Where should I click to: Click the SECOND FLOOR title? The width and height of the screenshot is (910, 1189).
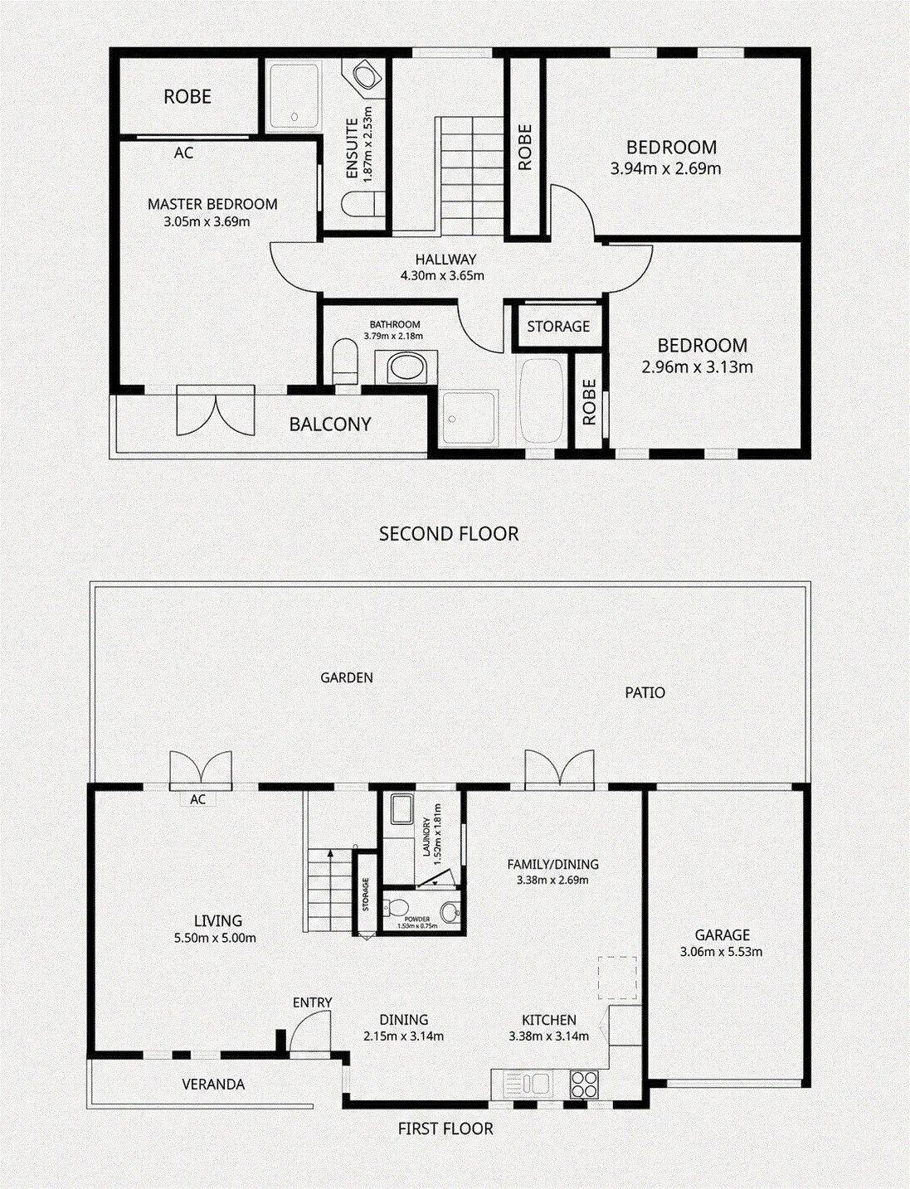pos(449,534)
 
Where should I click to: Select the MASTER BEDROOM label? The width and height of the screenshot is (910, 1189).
pos(212,204)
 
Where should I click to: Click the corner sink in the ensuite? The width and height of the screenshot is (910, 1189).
pos(367,77)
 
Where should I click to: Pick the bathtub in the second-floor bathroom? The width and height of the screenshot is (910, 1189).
pos(540,402)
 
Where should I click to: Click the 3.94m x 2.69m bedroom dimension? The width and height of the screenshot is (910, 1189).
pos(665,168)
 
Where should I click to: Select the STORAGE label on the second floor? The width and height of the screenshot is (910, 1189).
pos(558,326)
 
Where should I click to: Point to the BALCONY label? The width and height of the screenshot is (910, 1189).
pos(330,425)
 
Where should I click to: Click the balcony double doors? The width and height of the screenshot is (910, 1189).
pos(216,410)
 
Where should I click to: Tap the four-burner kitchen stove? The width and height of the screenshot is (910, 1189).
pos(584,1082)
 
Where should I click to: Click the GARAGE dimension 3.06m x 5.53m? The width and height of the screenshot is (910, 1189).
pos(722,952)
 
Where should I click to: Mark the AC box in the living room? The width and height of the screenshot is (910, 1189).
pos(197,799)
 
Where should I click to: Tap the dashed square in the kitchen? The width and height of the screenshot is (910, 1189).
pos(617,978)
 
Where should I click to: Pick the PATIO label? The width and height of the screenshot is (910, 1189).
pos(645,692)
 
